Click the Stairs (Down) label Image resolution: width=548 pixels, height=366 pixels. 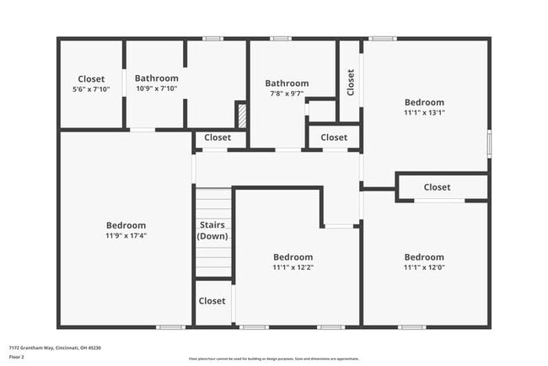[x=212, y=230]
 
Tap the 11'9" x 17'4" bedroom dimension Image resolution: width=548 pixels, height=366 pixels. [x=126, y=236]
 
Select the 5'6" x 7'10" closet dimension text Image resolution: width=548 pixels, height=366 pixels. [x=91, y=89]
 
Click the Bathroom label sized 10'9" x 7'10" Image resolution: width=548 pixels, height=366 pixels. [x=156, y=78]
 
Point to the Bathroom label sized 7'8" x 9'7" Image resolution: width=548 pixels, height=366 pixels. [x=287, y=83]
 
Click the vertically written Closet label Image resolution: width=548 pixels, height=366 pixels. [x=351, y=82]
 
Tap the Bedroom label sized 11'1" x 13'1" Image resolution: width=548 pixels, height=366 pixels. [x=424, y=100]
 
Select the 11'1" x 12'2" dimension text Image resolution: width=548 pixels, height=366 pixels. [x=293, y=267]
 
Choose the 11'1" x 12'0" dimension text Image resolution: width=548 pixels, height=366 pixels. [x=423, y=267]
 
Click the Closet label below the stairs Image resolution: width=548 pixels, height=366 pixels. [x=212, y=301]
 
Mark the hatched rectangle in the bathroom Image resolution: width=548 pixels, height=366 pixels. [x=240, y=115]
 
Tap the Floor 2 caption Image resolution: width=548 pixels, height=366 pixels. [x=17, y=357]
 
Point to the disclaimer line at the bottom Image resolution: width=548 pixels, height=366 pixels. [x=273, y=358]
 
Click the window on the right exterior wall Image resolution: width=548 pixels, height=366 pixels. [x=489, y=142]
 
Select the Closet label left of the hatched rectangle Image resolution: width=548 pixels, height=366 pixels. [x=218, y=137]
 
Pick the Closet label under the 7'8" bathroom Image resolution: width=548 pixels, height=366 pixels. [x=334, y=137]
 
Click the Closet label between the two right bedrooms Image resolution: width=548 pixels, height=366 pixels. [x=437, y=187]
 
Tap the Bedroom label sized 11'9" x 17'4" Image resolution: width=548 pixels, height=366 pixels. [x=126, y=225]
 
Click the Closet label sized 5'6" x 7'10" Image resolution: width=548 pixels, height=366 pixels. [x=91, y=79]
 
